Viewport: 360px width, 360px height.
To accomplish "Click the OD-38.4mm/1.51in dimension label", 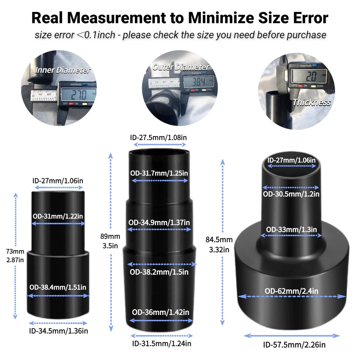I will (x=58, y=287).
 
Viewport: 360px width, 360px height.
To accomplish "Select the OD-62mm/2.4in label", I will (x=292, y=291).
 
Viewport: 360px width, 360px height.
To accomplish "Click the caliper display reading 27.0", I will (x=79, y=95).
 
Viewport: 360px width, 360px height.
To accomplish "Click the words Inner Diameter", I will (x=63, y=70).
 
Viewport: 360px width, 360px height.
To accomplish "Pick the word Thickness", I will (x=311, y=102).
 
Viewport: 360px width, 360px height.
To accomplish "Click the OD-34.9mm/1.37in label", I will (x=159, y=222).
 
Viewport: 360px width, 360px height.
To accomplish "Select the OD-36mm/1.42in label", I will (x=160, y=312).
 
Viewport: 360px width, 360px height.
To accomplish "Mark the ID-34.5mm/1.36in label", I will (x=58, y=330).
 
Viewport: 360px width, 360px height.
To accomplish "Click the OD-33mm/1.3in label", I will (x=292, y=229).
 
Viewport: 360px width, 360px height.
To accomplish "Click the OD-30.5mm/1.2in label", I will (x=291, y=194).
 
